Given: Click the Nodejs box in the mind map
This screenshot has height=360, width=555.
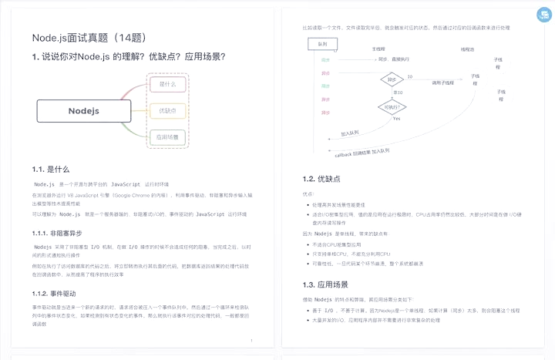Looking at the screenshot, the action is coord(83,110).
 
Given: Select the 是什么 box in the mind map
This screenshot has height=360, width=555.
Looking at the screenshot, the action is coord(167,84).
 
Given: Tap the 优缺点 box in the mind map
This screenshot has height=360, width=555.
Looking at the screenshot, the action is coord(167,111).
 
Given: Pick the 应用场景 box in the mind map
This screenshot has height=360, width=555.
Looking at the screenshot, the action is coord(167,137).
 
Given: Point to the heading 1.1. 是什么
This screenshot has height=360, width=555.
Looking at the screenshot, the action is coord(51,169).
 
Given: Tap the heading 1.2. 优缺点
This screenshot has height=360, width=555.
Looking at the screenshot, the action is coord(321,179).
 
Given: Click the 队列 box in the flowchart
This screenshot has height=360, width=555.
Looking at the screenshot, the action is coord(322,44).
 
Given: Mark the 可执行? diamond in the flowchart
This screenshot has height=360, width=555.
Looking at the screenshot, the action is coord(393,107).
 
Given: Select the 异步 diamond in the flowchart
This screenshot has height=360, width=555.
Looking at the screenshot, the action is coord(392,79).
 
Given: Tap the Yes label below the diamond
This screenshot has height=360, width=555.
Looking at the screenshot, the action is coord(396,119).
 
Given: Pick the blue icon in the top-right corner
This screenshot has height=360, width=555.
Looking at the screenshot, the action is coord(541,15).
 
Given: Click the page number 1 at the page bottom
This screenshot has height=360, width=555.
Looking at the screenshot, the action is coord(251,341).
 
